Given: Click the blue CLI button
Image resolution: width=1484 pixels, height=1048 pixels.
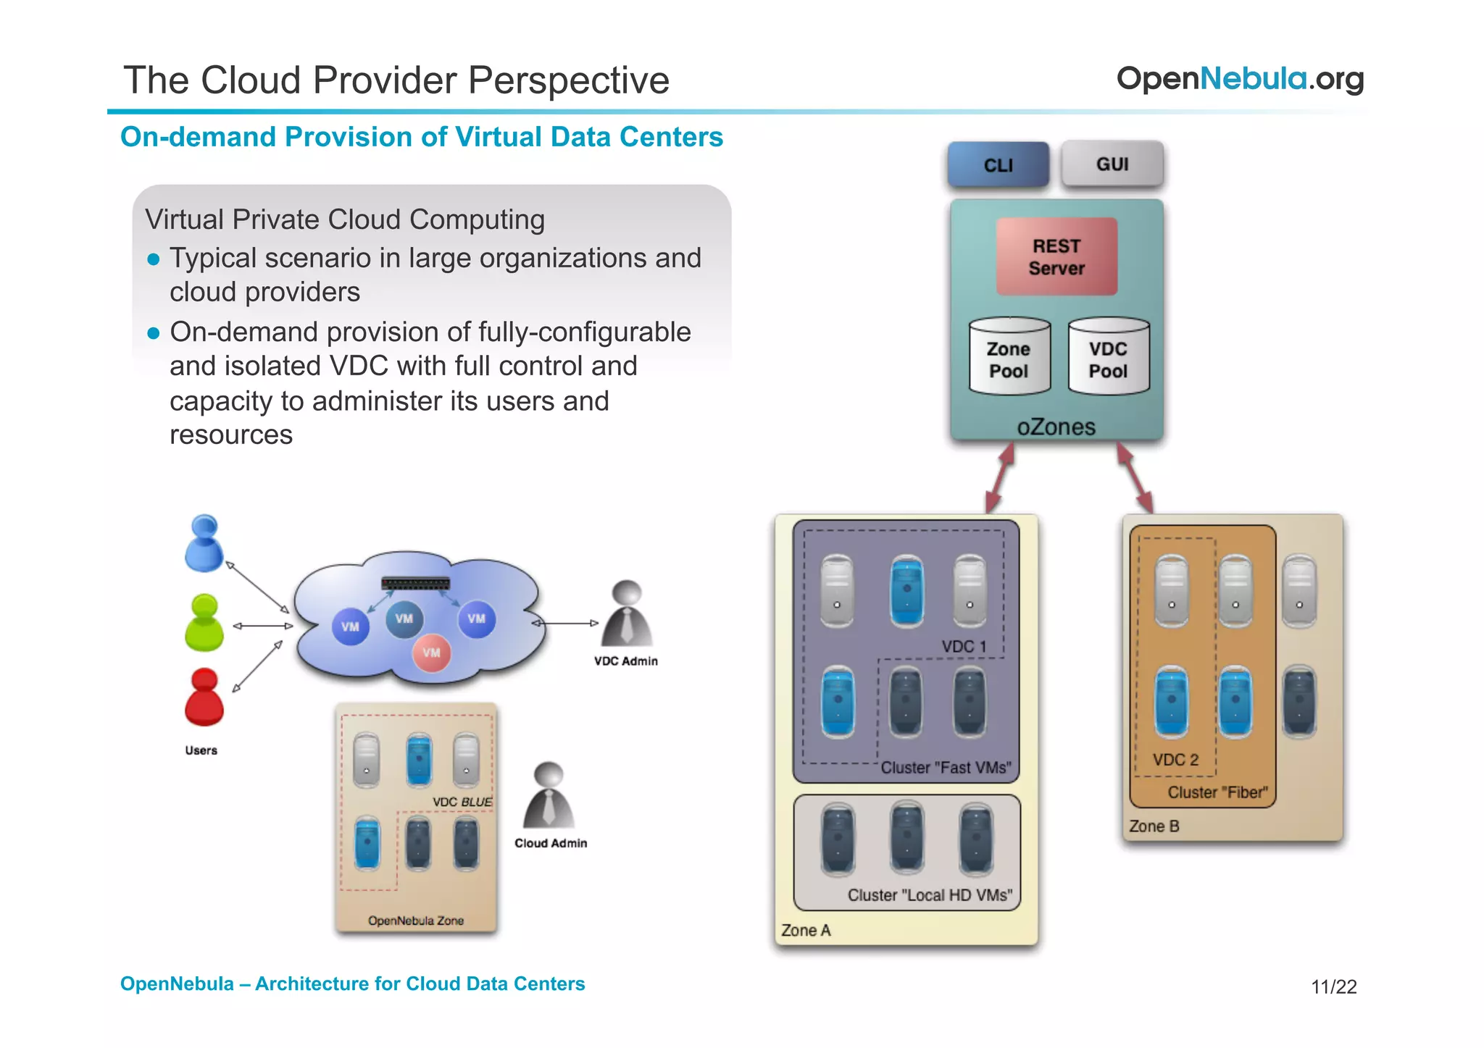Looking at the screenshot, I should (998, 165).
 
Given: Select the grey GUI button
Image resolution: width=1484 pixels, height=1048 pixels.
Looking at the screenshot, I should (1112, 164).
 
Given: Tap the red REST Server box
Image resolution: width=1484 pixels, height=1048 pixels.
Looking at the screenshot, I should (1056, 256).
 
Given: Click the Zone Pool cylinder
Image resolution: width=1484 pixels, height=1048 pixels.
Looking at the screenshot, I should (1009, 358).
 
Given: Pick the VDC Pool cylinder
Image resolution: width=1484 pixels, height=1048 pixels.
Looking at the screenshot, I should (1108, 358).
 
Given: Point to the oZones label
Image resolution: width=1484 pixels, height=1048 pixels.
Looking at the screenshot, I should (1056, 427).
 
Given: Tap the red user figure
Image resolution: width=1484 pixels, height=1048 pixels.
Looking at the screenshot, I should (204, 697).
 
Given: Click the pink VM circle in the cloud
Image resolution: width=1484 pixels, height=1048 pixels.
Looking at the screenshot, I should (431, 653).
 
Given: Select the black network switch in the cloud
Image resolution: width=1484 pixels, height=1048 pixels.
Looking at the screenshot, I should (415, 584).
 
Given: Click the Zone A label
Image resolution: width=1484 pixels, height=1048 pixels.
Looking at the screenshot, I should (806, 930).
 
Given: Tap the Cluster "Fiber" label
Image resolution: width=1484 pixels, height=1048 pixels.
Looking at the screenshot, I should (1217, 792).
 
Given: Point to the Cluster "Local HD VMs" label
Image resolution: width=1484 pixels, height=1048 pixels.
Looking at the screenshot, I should (930, 895).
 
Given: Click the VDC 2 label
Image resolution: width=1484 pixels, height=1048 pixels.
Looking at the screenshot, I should (1175, 760).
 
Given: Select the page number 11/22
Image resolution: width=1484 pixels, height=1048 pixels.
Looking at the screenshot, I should (1333, 986).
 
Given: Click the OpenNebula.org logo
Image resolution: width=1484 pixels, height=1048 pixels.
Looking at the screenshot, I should (1240, 78).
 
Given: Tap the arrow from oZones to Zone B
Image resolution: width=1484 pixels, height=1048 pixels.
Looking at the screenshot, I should (1135, 478).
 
